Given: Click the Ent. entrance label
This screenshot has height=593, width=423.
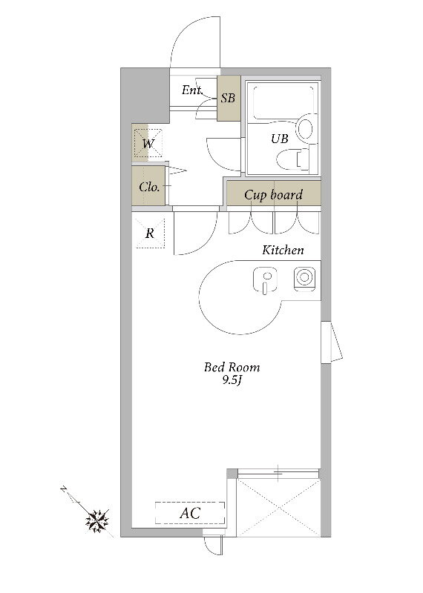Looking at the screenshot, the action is tap(191, 90).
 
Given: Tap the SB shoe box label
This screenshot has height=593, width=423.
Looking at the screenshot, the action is tap(228, 99).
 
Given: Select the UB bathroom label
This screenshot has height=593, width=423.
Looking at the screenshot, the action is tap(280, 139).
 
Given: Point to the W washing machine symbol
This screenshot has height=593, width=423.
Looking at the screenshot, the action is tap(148, 143).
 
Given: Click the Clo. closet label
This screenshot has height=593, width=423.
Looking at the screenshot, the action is tap(149, 187).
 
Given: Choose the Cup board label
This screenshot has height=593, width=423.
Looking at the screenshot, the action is tap(273, 195).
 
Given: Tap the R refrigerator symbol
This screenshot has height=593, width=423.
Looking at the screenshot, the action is tap(151, 233).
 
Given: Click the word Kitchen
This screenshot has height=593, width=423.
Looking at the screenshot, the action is tap(283, 250).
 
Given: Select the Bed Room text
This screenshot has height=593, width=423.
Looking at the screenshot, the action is tap(232, 367).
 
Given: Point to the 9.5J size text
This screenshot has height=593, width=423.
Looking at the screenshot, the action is tap(232, 380).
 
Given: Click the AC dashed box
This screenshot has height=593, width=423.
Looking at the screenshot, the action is tap(190, 513).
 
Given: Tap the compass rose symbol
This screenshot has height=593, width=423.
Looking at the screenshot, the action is tap(97, 521).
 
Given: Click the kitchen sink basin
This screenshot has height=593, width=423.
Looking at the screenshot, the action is tap(265, 280).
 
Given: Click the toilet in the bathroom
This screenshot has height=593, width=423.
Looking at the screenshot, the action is tap(293, 159).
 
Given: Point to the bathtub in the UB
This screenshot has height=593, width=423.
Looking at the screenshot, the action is tap(283, 103).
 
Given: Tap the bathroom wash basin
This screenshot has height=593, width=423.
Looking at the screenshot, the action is tap(305, 128).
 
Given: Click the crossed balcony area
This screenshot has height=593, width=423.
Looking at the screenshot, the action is tap(278, 508).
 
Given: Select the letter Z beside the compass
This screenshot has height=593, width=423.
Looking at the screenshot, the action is tap(64, 489).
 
